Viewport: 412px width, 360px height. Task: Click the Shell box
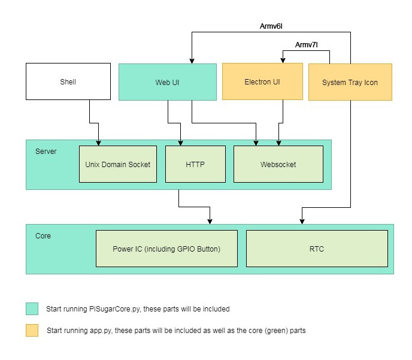coord(68,81)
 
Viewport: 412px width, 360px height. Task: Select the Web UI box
coord(168,82)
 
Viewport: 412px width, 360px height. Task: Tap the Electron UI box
coord(262,81)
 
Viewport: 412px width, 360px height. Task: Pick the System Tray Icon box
coord(350,82)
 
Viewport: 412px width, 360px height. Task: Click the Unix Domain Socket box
coord(118,164)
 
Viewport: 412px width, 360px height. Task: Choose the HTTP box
coord(195,164)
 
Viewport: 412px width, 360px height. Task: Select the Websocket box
coord(278,164)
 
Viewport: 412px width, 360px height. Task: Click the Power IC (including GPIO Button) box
coord(167,249)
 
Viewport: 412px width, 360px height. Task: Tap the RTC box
coord(317,249)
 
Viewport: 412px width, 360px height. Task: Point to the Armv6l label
coord(271,26)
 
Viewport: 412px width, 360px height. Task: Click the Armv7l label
coord(307,45)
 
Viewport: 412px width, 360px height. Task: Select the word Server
coord(46,152)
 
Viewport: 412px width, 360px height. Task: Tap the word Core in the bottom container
coord(43,236)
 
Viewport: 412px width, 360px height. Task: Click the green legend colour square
coord(32,308)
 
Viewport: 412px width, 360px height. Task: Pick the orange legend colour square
coord(32,330)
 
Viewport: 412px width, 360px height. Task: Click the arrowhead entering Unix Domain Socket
coord(99,143)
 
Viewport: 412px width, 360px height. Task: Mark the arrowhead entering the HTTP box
coord(180,143)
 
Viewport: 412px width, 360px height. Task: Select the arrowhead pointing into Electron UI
coord(283,60)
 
